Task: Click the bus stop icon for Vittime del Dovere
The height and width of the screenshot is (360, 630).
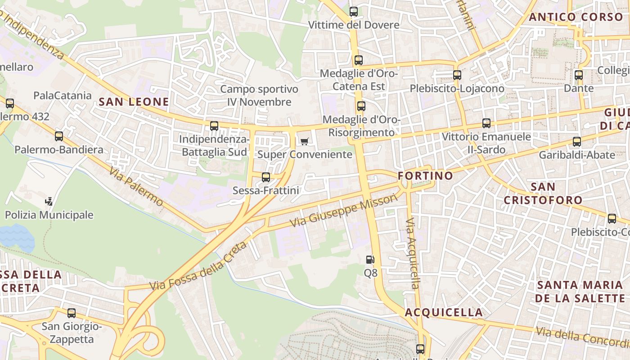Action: click(354, 12)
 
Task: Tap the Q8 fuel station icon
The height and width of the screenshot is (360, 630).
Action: click(370, 260)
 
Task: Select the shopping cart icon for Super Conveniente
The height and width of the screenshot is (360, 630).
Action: click(304, 142)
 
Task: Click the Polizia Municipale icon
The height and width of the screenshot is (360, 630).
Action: click(49, 201)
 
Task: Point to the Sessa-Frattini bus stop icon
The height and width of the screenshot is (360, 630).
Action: click(266, 177)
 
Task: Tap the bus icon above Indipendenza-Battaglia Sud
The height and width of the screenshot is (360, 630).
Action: click(214, 126)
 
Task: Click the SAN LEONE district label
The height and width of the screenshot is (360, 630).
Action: click(134, 102)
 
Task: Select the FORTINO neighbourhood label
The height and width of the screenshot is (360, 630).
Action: click(425, 175)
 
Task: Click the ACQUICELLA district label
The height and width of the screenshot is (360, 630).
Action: click(444, 312)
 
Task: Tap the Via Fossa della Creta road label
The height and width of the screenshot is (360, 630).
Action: click(198, 266)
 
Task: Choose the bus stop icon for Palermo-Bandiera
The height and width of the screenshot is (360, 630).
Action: click(59, 136)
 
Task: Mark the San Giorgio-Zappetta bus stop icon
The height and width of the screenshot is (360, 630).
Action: click(72, 313)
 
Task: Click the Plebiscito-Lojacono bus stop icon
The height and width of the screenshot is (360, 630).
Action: click(457, 75)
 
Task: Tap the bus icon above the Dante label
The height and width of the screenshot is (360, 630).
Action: click(579, 75)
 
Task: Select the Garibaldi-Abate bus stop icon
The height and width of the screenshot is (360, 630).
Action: click(577, 142)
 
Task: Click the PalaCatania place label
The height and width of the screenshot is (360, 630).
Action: click(63, 95)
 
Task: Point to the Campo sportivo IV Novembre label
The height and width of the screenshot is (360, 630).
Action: click(259, 95)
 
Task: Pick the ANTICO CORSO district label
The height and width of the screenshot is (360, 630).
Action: click(576, 17)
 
